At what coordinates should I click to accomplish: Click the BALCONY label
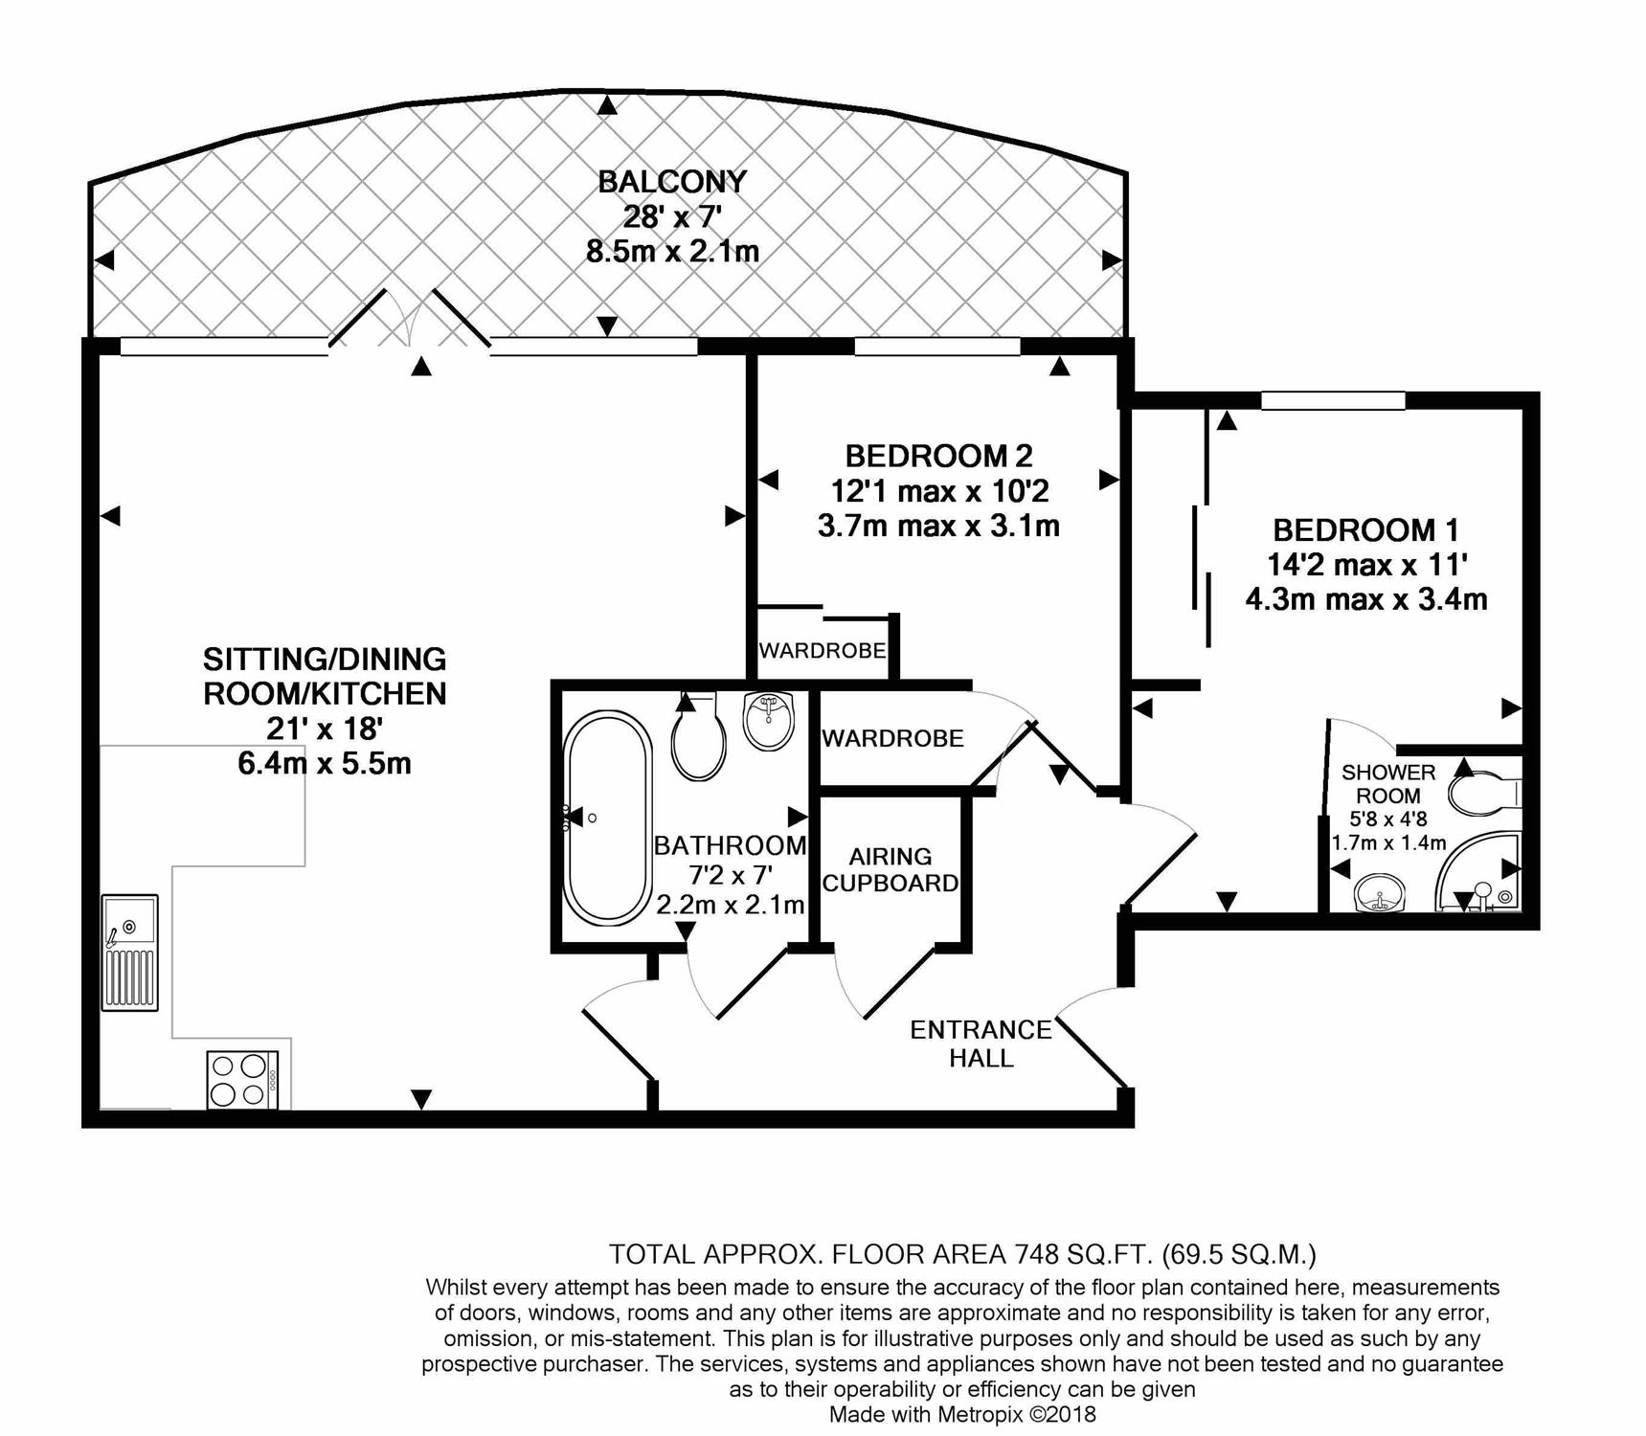coord(671,181)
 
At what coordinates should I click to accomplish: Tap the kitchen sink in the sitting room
coord(130,953)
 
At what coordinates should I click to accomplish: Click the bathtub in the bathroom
coord(606,818)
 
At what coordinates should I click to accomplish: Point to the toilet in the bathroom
coord(698,739)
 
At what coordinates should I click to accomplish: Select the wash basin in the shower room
coord(1380,895)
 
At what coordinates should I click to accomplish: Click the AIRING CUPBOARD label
coord(891,869)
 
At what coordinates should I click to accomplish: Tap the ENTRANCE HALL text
coord(981,1043)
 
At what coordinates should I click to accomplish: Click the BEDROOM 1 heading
coord(1364,529)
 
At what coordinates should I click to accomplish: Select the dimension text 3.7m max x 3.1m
coord(937,526)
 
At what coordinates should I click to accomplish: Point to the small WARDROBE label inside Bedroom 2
coord(822,651)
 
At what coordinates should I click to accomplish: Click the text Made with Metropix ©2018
coord(961,1414)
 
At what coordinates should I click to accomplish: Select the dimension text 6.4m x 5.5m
coord(324,763)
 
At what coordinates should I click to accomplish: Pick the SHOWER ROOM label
coord(1387,783)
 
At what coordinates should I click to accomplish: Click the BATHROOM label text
coord(730,845)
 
